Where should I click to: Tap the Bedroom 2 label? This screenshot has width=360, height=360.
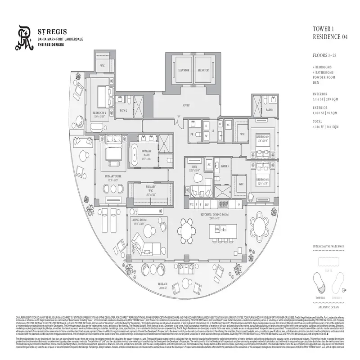[x=99, y=112]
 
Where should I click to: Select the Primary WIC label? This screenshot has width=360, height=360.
[x=150, y=188]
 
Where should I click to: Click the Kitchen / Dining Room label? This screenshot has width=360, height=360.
[x=215, y=215]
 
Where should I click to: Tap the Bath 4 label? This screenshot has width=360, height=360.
[x=269, y=110]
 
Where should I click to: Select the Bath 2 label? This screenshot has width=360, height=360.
[x=124, y=110]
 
